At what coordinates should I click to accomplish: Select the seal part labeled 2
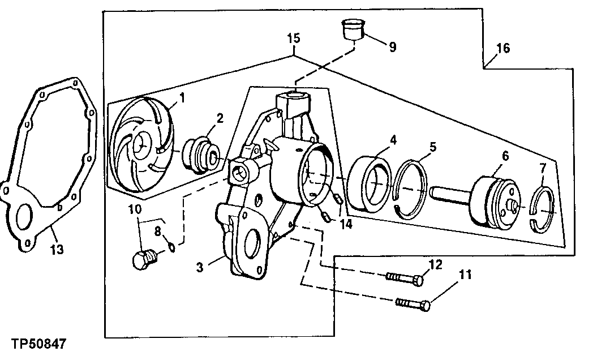(201, 154)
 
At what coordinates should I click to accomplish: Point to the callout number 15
(293, 39)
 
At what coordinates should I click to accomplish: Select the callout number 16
(502, 48)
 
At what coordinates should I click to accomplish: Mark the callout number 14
(346, 224)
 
